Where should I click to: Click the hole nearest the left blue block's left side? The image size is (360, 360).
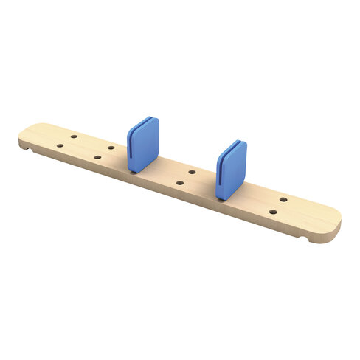tap(111, 148)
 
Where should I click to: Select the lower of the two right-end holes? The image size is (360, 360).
tap(273, 212)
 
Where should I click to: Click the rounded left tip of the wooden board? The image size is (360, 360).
tap(20, 137)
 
